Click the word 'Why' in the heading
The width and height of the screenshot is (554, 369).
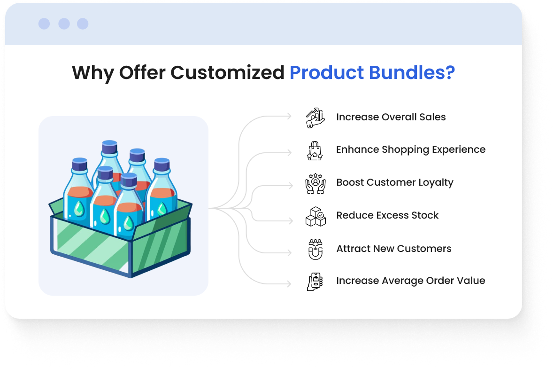(x=93, y=73)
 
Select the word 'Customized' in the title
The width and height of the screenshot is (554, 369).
(x=227, y=72)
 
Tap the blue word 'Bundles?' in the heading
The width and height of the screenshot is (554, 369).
(x=412, y=72)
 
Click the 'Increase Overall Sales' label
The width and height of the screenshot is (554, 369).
(x=391, y=117)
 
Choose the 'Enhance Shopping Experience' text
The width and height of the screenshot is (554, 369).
(x=410, y=149)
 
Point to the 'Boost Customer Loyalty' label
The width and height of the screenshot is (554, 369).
(x=395, y=182)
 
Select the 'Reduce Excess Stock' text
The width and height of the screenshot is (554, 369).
(x=387, y=215)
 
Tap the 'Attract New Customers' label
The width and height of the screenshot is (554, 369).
(x=393, y=248)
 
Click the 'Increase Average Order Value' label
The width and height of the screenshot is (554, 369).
(x=410, y=281)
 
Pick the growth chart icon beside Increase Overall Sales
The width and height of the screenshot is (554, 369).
(x=315, y=118)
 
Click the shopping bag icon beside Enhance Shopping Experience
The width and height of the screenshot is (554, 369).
(x=315, y=151)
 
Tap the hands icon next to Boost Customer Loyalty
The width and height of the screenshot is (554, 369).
(x=315, y=183)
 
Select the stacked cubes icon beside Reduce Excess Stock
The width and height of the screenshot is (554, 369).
(x=315, y=216)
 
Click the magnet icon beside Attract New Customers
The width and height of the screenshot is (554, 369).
(x=315, y=250)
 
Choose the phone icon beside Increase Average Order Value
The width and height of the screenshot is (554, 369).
(x=315, y=282)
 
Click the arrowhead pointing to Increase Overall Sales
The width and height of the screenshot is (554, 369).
(x=290, y=116)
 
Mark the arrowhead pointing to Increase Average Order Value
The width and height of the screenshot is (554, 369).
(x=290, y=284)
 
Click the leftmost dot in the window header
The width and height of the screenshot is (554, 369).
(x=44, y=24)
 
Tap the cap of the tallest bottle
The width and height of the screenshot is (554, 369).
(x=109, y=147)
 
